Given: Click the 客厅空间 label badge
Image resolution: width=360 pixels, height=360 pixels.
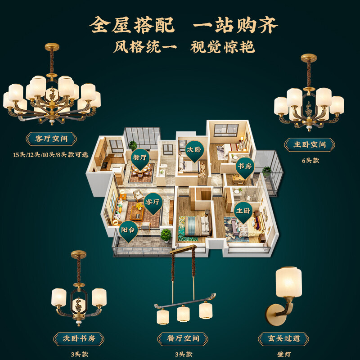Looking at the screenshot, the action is pos(51,139).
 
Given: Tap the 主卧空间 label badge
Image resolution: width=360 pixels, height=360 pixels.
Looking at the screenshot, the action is pos(310,144).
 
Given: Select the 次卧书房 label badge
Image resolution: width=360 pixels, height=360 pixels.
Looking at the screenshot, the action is pos(79,339).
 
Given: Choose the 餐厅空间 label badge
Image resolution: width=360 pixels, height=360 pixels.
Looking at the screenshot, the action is pos(183,339).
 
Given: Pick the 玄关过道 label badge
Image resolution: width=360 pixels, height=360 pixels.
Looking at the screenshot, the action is pos(283,339).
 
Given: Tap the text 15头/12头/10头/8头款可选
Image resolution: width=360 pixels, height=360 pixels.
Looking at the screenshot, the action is pos(51,155).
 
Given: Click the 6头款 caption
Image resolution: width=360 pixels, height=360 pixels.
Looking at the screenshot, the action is pos(310,161).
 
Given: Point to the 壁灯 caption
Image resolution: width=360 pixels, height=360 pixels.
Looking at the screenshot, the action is pos(284,354).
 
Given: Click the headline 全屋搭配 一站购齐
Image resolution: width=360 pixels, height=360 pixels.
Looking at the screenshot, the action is pos(184,25).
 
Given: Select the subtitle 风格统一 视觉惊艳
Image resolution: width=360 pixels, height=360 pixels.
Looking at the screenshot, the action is pos(184,47).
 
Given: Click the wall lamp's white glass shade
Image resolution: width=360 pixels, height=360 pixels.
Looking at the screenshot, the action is pos(288,282).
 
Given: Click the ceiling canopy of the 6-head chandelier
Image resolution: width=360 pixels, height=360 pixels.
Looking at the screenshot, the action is pos(309,58).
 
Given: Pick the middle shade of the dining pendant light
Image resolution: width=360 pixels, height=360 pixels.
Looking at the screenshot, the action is pos(183,314).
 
